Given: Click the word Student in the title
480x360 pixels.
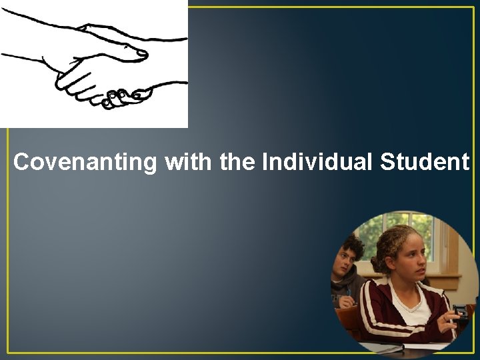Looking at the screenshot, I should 425,162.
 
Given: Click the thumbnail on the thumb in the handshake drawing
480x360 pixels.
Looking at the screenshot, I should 141,51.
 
